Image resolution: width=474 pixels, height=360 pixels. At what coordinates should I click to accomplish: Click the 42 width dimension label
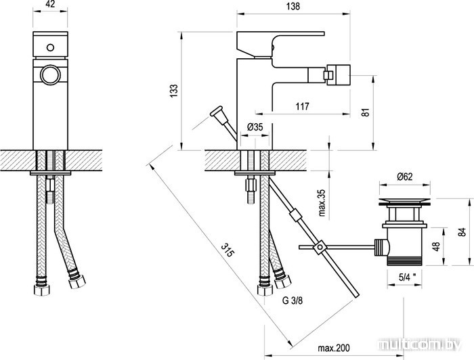[x=50, y=5]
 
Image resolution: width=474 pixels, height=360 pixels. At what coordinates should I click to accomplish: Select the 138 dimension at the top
[x=293, y=6]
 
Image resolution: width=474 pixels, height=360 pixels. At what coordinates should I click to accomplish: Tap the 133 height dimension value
[x=174, y=91]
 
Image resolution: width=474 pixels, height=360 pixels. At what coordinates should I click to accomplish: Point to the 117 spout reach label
[x=302, y=106]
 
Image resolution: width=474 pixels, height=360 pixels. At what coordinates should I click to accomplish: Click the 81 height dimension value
[x=366, y=112]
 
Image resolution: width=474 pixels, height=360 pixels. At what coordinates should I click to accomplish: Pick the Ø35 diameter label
[x=255, y=127]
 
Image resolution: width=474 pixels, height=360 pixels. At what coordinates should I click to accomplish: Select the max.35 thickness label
[x=322, y=202]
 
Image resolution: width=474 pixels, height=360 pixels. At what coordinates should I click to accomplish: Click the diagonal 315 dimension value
[x=228, y=250]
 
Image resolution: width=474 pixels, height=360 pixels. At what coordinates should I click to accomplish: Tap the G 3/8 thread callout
[x=293, y=300]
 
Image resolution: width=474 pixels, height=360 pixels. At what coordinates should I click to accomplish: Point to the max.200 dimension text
[x=333, y=348]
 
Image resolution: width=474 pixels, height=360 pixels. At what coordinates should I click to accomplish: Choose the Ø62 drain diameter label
[x=405, y=177]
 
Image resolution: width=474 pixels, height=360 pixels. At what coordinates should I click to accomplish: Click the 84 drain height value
[x=462, y=232]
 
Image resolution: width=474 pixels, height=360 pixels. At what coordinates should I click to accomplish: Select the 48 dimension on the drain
[x=436, y=246]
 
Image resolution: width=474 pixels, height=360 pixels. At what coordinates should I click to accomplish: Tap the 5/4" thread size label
[x=407, y=277]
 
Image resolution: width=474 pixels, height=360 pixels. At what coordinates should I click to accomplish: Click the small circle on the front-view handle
[x=50, y=47]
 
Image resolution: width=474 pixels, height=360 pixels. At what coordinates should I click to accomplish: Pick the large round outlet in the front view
[x=50, y=74]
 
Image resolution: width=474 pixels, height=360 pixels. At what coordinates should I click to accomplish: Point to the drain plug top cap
[x=405, y=202]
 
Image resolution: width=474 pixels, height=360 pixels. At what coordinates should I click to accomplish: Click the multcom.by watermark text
[x=421, y=344]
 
